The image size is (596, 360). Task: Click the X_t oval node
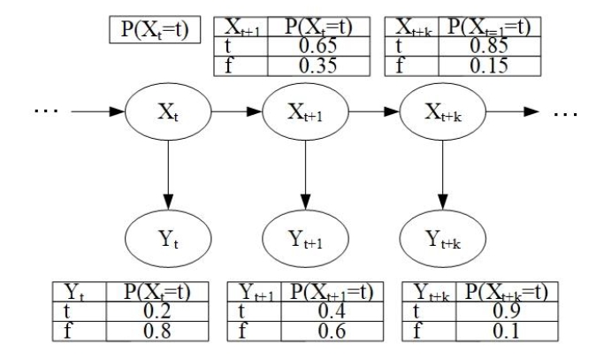[166, 113]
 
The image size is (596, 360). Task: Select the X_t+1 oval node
[304, 113]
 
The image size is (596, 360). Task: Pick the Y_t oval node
[166, 238]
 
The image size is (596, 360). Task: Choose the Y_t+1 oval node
[304, 238]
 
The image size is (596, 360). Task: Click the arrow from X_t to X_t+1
[234, 113]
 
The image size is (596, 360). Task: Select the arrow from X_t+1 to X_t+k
[372, 113]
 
